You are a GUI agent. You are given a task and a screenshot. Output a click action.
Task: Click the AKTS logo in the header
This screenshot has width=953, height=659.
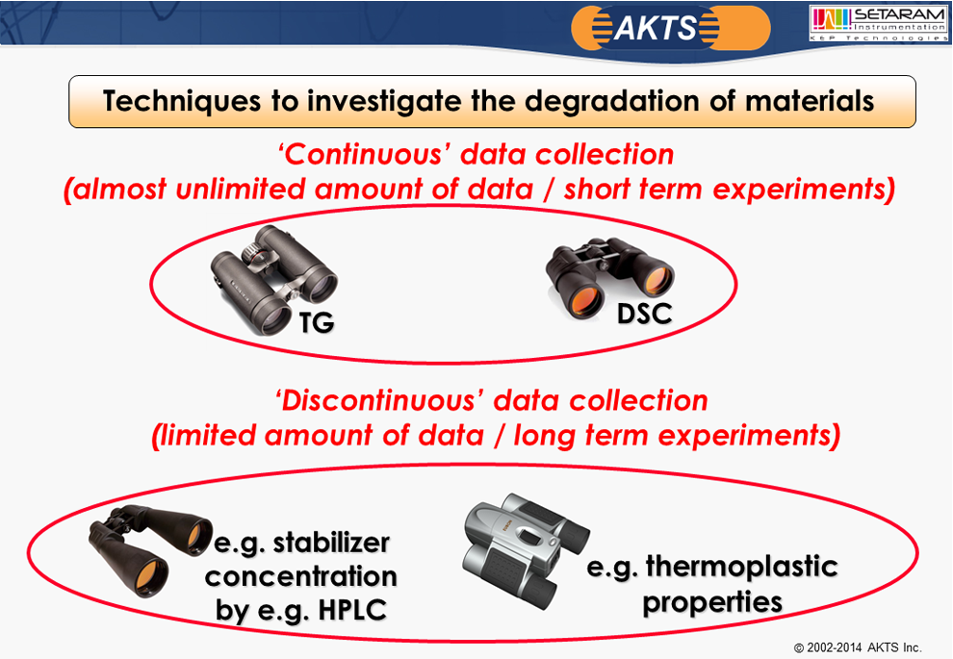click(670, 28)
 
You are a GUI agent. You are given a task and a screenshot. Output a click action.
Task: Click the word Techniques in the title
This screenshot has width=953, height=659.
click(182, 101)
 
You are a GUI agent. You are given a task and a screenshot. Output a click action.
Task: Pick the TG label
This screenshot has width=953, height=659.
click(317, 322)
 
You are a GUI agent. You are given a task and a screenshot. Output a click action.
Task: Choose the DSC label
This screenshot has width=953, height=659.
click(644, 314)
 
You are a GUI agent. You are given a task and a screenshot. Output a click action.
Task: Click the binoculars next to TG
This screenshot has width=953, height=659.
click(273, 279)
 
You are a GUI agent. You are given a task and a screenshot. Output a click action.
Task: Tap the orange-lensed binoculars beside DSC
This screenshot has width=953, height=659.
click(609, 278)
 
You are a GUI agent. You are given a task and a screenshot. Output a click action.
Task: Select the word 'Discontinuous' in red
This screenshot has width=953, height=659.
click(379, 401)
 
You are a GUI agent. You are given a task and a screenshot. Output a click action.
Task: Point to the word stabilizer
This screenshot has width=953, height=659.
click(331, 543)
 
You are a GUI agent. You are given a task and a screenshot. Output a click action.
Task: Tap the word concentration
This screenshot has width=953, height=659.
click(301, 576)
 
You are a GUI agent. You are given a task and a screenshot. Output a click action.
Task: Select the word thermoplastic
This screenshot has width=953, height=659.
click(741, 568)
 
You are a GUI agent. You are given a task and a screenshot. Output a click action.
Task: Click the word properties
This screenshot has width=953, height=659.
click(712, 602)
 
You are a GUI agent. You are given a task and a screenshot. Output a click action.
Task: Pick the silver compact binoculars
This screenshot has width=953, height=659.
click(526, 550)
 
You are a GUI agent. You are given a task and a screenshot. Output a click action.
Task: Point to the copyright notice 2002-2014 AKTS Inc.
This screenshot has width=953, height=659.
click(858, 647)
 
